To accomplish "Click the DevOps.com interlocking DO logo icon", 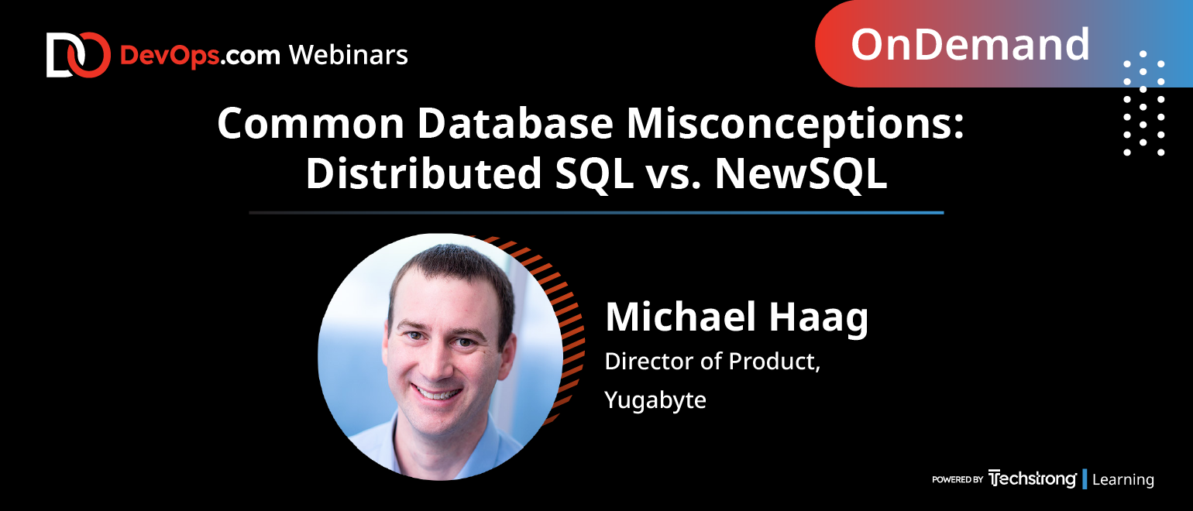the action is [78, 55].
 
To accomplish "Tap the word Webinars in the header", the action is [349, 55].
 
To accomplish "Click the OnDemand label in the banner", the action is [970, 45].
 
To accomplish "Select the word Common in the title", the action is [311, 124].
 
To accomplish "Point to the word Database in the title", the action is [515, 123].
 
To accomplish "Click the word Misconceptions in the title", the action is [795, 125].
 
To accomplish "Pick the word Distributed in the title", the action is [424, 173].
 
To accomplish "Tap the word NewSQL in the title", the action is [801, 173].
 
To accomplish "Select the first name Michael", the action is [681, 317].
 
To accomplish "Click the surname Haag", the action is [819, 319].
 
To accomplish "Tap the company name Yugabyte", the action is [655, 400].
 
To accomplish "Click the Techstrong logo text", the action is [1032, 479].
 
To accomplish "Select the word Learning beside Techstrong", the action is [1123, 480].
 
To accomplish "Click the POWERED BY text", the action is [957, 479].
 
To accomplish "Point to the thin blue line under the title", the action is [596, 213].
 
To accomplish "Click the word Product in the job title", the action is [775, 362].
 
